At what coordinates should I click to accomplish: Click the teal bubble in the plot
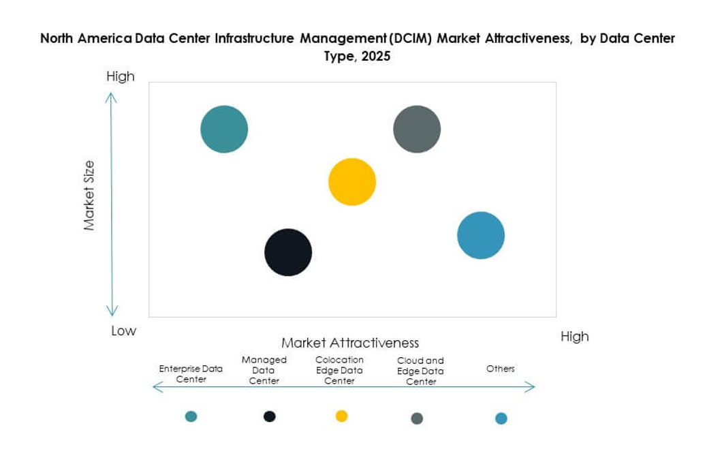coord(224,129)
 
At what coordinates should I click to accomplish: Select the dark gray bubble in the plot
coord(417,129)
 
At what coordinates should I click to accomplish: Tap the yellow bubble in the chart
coord(352,182)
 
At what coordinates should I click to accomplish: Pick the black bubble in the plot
coord(288,252)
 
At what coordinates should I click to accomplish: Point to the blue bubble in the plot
coord(481,236)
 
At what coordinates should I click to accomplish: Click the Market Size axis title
coord(89,196)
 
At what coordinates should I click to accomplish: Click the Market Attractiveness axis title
coord(350,343)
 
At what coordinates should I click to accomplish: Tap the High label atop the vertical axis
coord(121,77)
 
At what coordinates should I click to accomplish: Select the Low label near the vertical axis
coord(124,331)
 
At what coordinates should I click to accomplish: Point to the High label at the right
coord(574,337)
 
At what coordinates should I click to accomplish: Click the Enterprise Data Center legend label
coord(191,373)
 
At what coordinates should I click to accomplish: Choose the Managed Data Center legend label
coord(264,370)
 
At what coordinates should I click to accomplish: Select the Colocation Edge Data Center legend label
coord(339,370)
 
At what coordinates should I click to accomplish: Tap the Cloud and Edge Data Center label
coord(420,371)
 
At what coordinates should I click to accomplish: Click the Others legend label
coord(501,369)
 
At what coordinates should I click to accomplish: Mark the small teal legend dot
coord(191,416)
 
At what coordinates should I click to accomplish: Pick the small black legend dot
coord(270,416)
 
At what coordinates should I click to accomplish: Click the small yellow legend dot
coord(342,416)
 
